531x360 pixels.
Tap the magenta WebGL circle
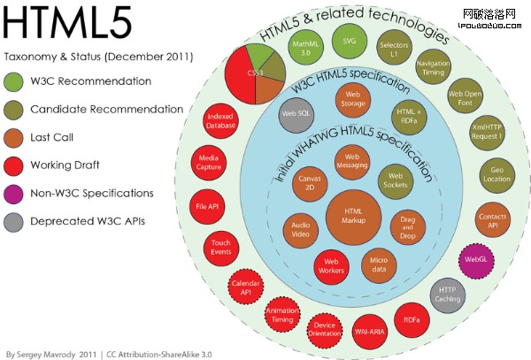[x=473, y=259]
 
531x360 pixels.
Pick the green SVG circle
[x=345, y=41]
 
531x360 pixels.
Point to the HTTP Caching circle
[x=447, y=295]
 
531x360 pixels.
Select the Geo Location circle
[x=496, y=174]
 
